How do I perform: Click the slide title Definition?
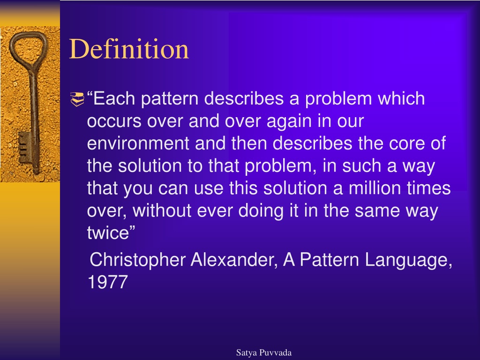point(129,49)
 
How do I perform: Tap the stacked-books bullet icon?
point(77,99)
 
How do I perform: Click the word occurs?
point(114,121)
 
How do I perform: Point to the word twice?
point(108,233)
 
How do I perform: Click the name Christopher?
point(137,260)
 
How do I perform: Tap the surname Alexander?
point(234,260)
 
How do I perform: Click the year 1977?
point(107,282)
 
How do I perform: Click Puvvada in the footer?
point(276,352)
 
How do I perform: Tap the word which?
point(401,98)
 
